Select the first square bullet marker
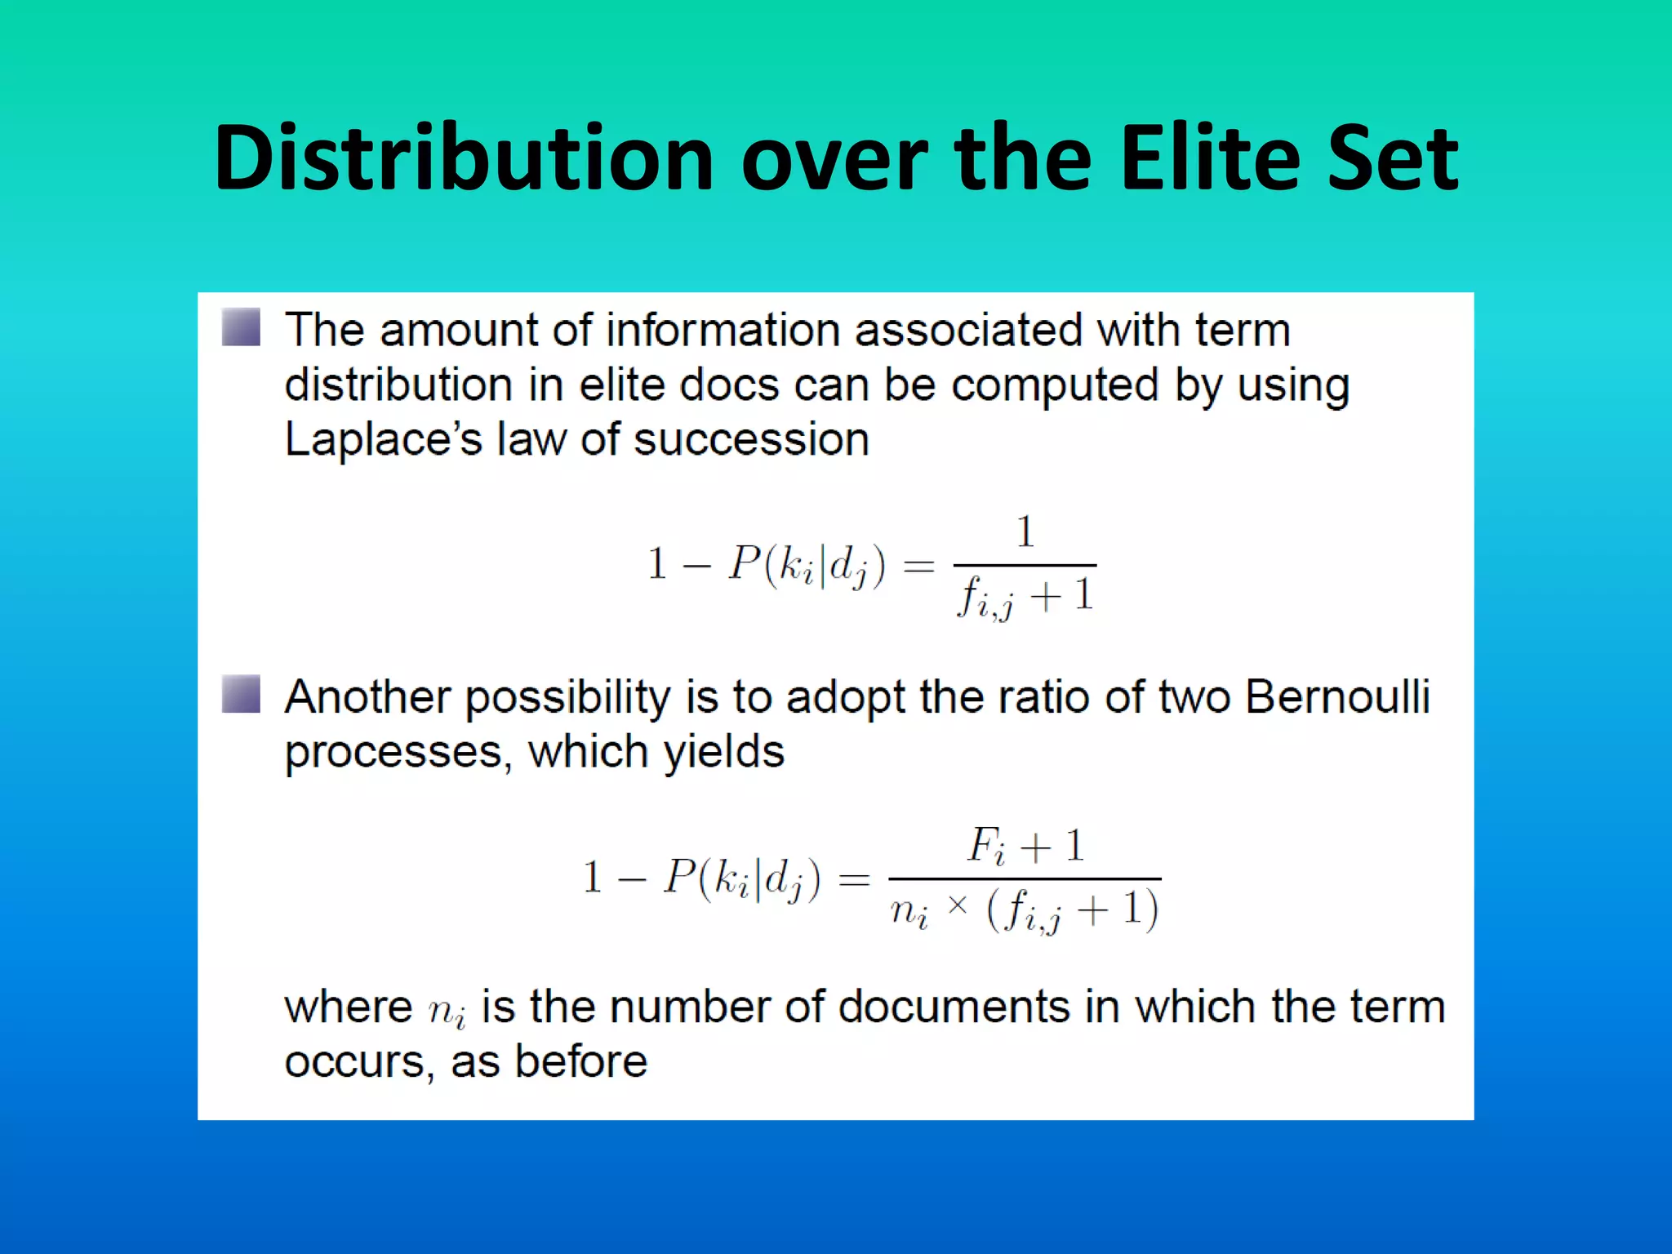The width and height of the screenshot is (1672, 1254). [x=241, y=327]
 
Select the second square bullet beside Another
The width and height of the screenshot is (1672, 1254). [x=241, y=694]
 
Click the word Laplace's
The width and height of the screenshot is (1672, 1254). [x=384, y=439]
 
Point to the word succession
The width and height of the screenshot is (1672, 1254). [x=751, y=439]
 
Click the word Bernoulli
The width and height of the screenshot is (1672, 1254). [x=1337, y=696]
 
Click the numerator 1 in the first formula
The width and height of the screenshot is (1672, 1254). [x=1025, y=532]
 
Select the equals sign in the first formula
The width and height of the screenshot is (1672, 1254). [x=919, y=565]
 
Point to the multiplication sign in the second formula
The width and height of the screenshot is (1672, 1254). [x=958, y=905]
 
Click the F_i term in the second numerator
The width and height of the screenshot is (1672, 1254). [x=987, y=846]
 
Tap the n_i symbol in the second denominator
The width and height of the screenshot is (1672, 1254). [x=909, y=910]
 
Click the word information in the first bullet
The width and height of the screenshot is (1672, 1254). [x=723, y=331]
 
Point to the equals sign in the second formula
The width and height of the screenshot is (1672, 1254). [x=854, y=879]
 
